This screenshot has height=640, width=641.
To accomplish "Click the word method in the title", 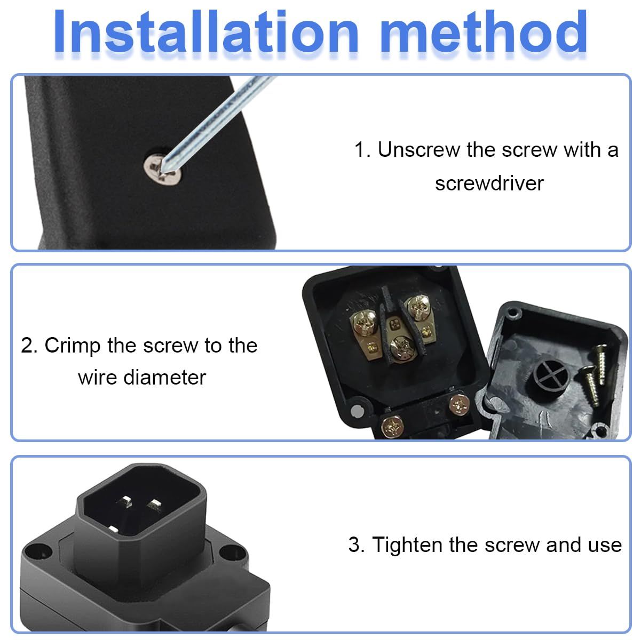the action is [x=484, y=31].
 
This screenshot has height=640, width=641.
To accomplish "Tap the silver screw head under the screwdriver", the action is [x=163, y=170].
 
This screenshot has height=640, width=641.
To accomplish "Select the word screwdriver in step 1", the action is [x=489, y=183].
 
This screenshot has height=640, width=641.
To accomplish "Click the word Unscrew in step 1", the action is [x=418, y=150].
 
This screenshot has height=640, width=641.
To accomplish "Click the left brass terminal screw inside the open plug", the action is [x=364, y=323].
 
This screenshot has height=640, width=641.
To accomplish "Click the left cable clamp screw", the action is [x=392, y=427].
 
